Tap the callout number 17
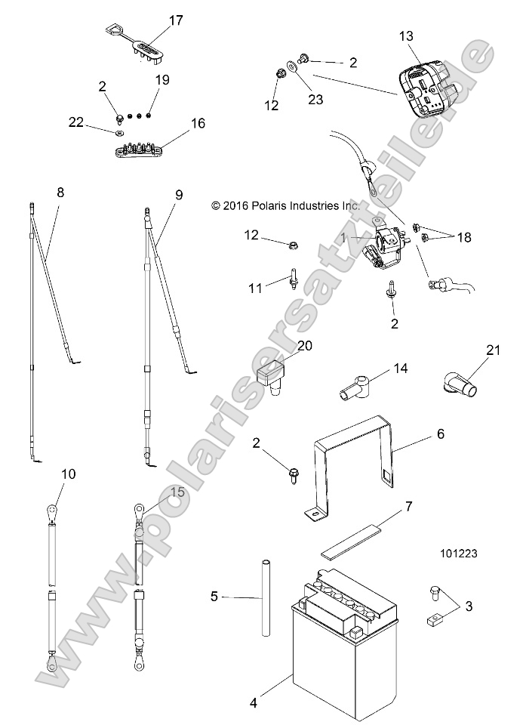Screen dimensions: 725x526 click(175, 21)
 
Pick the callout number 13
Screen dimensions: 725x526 click(406, 35)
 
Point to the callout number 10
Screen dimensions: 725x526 click(68, 474)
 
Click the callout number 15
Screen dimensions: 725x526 click(177, 492)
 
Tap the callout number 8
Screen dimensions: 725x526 click(60, 193)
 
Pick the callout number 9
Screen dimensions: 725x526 click(178, 194)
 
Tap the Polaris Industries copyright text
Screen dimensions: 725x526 click(286, 205)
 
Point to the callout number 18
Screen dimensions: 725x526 click(463, 236)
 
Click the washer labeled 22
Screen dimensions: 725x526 click(120, 134)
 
